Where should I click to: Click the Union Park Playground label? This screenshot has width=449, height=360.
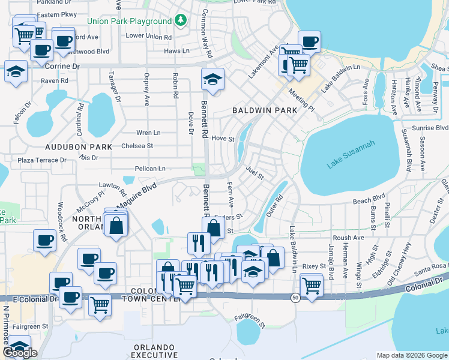(129, 22)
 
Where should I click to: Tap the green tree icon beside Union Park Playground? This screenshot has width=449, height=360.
(181, 21)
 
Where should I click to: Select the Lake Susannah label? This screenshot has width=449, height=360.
(351, 154)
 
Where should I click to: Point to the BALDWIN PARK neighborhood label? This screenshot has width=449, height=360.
(264, 111)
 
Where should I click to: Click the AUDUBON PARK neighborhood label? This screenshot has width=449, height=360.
(79, 146)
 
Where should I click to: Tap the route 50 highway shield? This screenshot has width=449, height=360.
(295, 298)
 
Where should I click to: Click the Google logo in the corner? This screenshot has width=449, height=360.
(20, 353)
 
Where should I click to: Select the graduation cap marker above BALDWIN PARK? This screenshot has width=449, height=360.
(212, 79)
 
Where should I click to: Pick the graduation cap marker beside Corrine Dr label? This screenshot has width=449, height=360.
(16, 71)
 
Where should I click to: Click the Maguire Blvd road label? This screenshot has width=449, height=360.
(136, 196)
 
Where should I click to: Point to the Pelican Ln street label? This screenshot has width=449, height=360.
(150, 169)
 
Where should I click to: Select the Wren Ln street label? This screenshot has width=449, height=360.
(148, 133)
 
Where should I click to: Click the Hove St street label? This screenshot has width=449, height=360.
(222, 138)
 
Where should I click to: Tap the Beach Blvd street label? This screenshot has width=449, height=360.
(369, 199)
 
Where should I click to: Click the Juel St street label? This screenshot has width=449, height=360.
(255, 173)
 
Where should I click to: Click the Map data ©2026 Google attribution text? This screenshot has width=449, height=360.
(412, 355)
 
